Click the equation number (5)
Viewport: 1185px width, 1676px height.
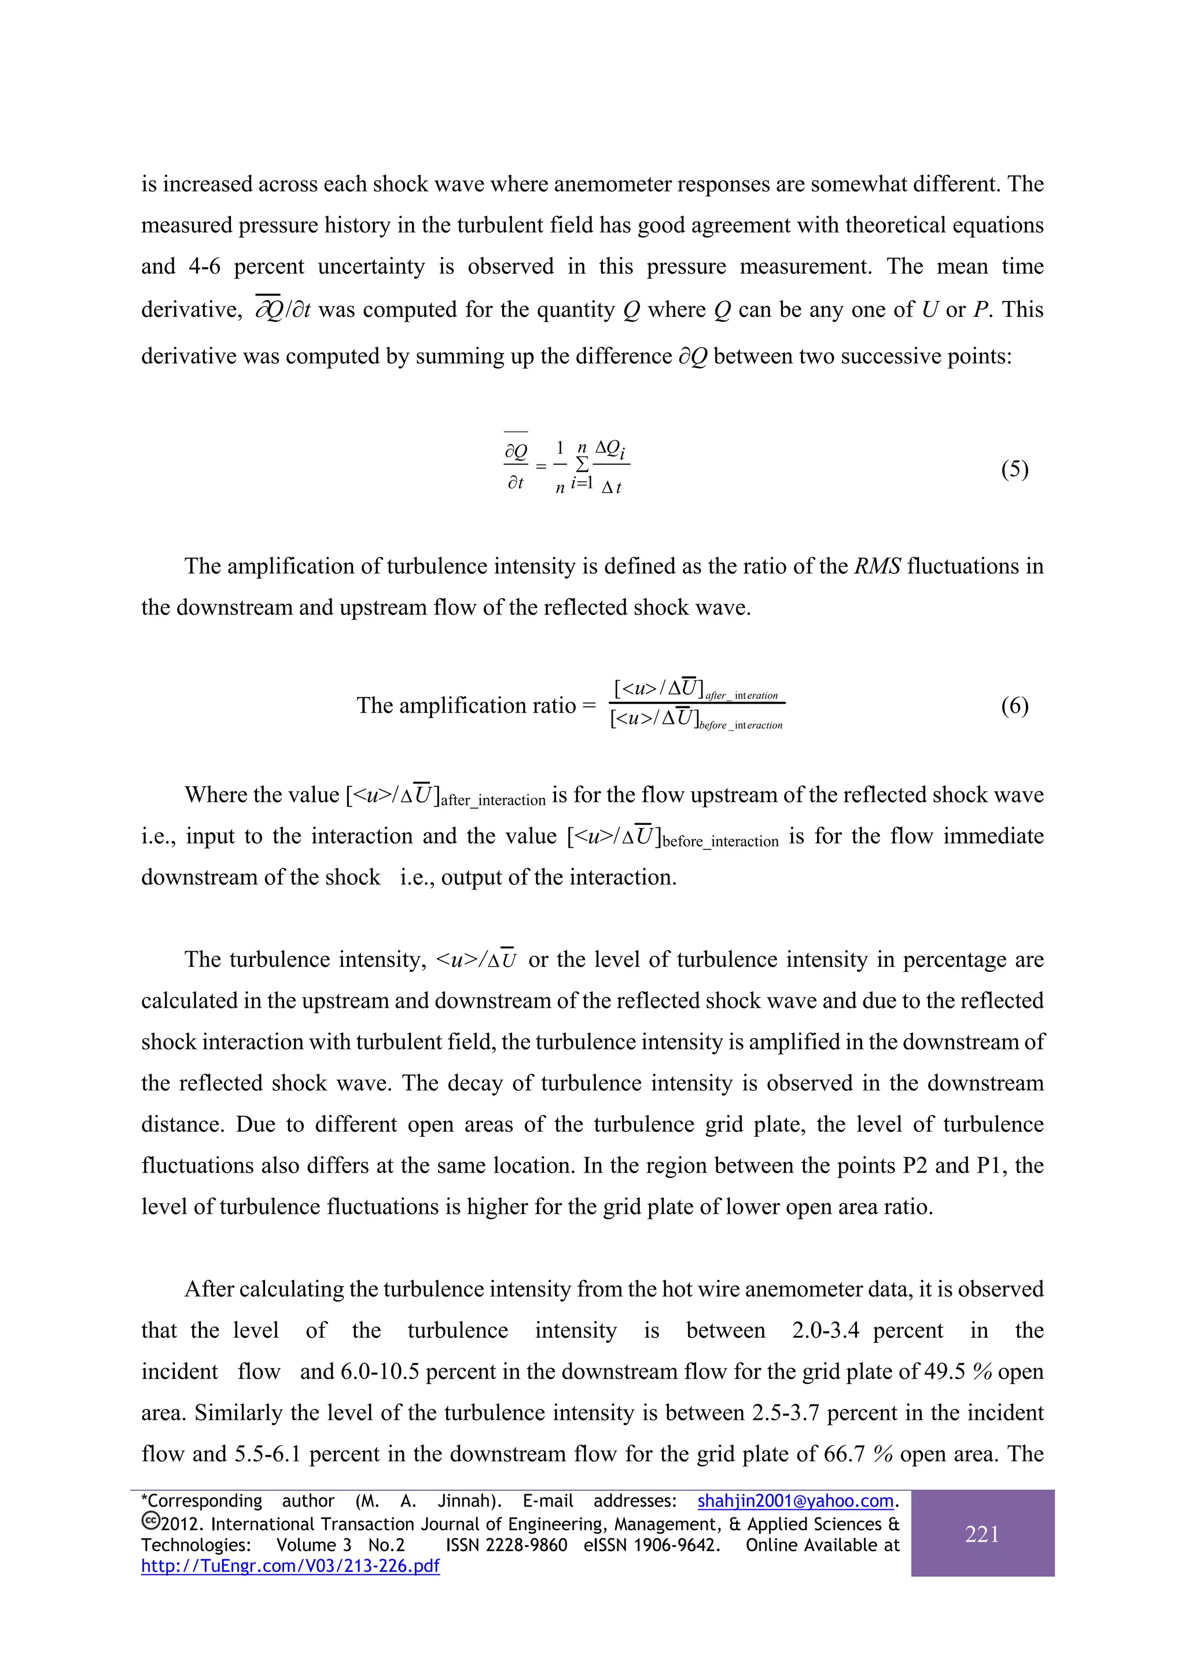tap(1014, 469)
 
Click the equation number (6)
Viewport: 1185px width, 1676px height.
tap(1014, 706)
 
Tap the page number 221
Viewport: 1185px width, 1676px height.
tap(982, 1534)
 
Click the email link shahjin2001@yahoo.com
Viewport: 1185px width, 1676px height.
tap(795, 1501)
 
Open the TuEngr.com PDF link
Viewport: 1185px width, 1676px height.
tap(290, 1566)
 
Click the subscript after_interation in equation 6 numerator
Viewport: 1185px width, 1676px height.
tap(741, 695)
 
